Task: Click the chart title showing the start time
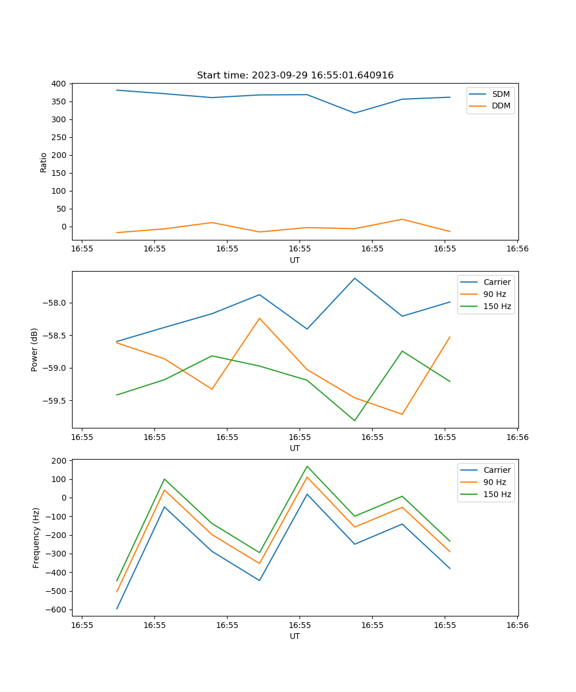[295, 76]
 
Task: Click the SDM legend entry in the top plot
[501, 93]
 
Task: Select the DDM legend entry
[501, 106]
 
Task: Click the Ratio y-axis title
[44, 162]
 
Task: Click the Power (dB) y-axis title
[35, 349]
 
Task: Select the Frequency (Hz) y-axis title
[36, 537]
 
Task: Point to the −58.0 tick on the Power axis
[55, 303]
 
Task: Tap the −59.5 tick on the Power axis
[55, 401]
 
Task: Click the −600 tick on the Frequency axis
[57, 610]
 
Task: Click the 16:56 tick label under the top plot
[517, 249]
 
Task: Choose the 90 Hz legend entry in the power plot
[495, 294]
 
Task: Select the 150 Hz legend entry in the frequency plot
[497, 494]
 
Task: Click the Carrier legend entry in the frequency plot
[497, 470]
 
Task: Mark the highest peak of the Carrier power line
[355, 278]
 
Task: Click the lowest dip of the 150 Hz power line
[355, 420]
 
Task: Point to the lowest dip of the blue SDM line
[355, 113]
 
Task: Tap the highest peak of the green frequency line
[307, 466]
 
